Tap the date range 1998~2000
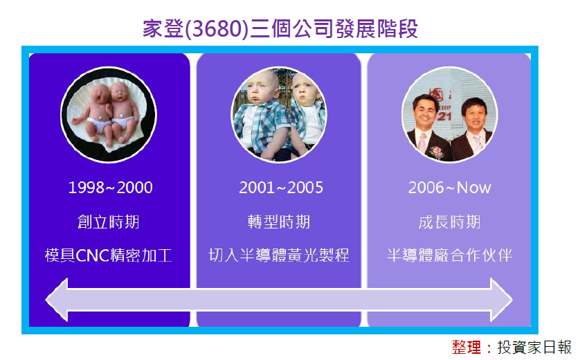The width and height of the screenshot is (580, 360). tap(110, 188)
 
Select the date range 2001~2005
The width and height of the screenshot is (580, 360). tap(281, 188)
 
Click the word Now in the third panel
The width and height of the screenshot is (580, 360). tap(474, 188)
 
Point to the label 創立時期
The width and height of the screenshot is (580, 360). tap(109, 222)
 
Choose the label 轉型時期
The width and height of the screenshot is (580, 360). tap(278, 222)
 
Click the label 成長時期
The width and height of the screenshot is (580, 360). tap(449, 222)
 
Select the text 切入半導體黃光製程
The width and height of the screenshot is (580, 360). tap(278, 255)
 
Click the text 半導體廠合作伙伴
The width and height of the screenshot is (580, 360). tap(449, 255)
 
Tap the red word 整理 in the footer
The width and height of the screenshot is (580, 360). tap(466, 348)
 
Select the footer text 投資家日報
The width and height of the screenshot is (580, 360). tap(534, 348)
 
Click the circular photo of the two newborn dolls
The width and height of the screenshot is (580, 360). tap(109, 115)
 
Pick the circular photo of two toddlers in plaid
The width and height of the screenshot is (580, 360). tap(278, 115)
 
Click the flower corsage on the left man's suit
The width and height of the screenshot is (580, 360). tap(437, 152)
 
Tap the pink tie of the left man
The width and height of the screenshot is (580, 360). tap(422, 143)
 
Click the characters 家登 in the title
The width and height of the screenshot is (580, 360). tap(163, 29)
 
